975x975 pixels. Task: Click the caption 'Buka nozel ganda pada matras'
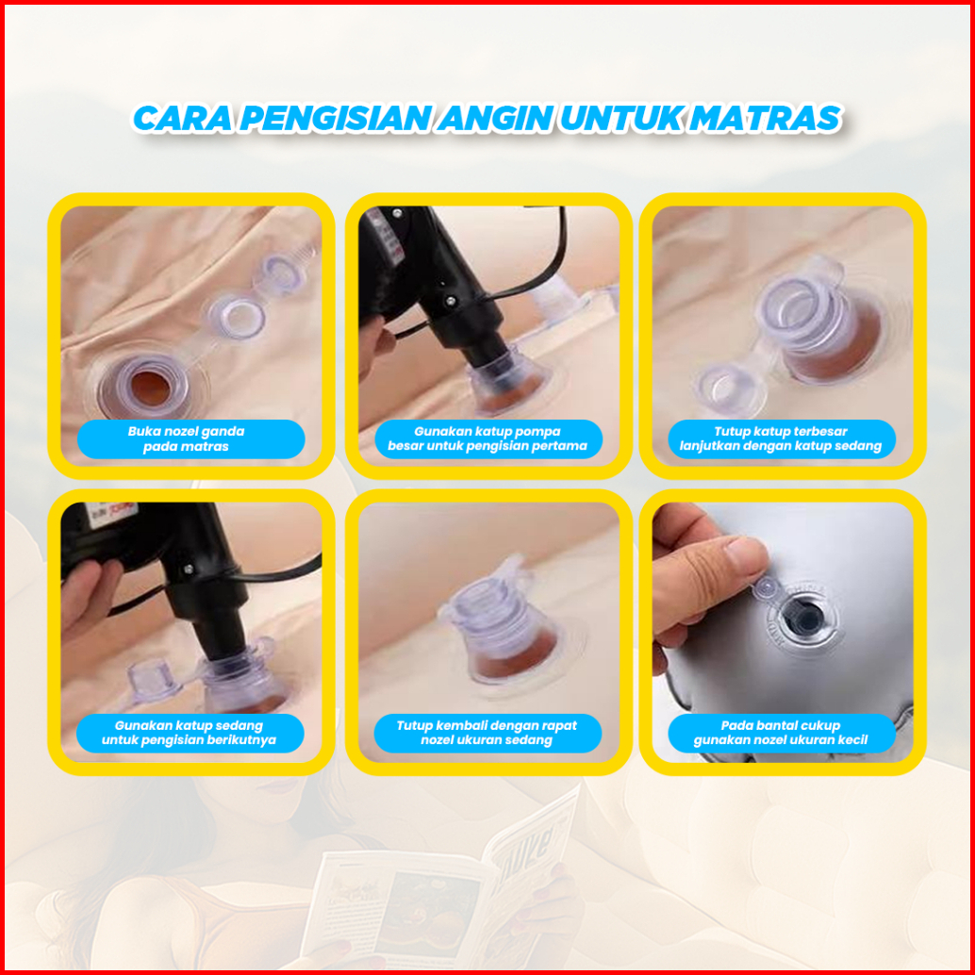tap(186, 438)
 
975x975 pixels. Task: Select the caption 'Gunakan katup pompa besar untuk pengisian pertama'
tap(487, 438)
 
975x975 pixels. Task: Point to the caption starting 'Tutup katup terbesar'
tap(781, 438)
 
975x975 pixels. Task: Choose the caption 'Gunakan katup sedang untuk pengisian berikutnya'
tap(189, 733)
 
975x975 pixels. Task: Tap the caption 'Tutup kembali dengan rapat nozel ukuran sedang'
tap(487, 733)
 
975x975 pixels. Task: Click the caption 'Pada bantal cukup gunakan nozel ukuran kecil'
tap(781, 733)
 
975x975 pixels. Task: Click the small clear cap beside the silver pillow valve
tap(766, 587)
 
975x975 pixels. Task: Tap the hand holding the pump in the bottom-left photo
tap(87, 597)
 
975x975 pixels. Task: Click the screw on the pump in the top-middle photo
tap(451, 301)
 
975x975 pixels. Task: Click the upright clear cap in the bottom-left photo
tap(153, 681)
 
